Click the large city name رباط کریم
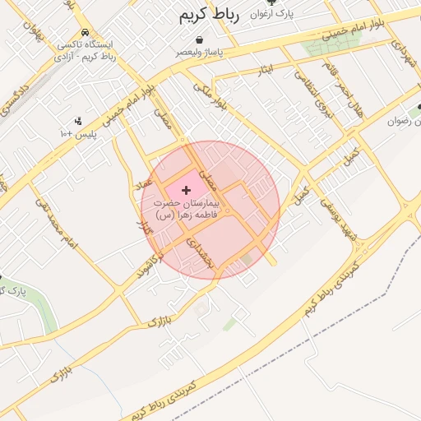pos(209,16)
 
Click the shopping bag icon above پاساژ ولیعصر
pos(199,39)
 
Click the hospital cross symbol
pos(186,190)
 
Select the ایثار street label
pos(265,70)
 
